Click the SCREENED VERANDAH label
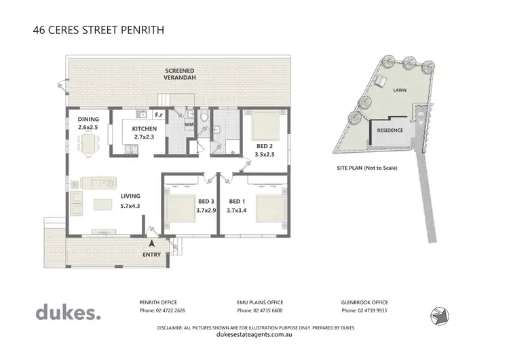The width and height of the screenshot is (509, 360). [178, 74]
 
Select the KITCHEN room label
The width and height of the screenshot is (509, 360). [145, 129]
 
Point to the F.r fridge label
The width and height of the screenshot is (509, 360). [159, 115]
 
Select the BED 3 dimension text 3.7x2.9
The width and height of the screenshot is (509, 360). [206, 211]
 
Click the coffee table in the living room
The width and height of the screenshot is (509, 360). [102, 204]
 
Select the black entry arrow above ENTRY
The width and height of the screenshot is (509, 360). [152, 243]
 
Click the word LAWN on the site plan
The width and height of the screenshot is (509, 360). [399, 89]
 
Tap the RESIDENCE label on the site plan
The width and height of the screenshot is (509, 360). [390, 130]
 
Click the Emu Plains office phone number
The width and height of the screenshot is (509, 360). [261, 310]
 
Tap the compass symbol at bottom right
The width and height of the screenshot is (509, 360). [438, 314]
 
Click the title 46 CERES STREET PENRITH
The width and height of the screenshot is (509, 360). [99, 30]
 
